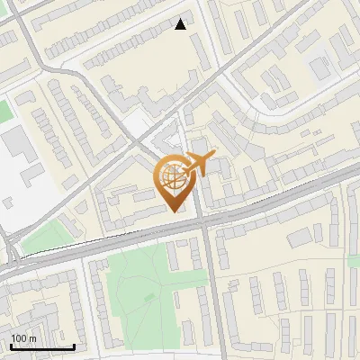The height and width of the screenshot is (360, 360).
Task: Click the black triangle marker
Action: [x=181, y=24]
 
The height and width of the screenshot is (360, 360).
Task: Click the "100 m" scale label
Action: [x=23, y=338]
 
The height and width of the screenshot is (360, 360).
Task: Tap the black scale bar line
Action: [x=42, y=346]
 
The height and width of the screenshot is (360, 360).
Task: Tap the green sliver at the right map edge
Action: [x=355, y=261]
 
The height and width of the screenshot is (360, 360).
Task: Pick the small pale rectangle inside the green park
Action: [x=149, y=297]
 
